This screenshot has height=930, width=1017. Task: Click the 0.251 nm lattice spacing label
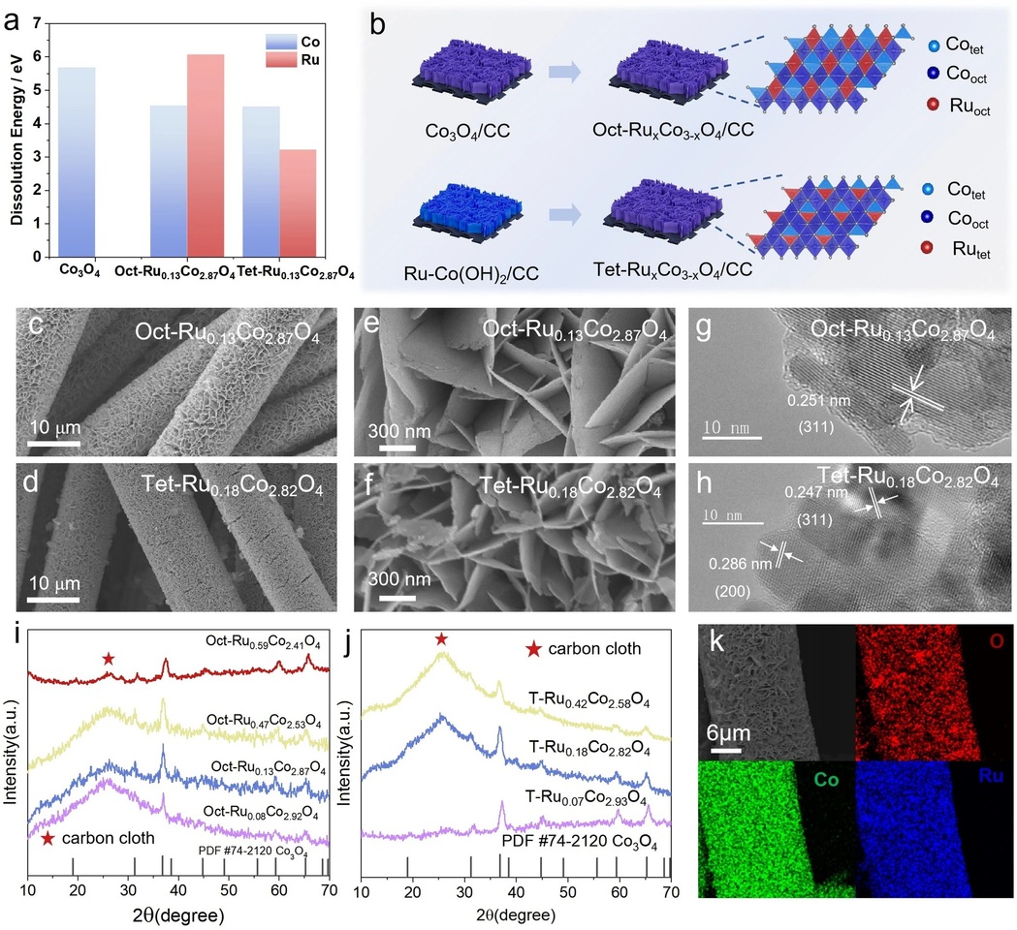pyautogui.click(x=810, y=401)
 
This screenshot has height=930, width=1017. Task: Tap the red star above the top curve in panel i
pyautogui.click(x=109, y=659)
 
